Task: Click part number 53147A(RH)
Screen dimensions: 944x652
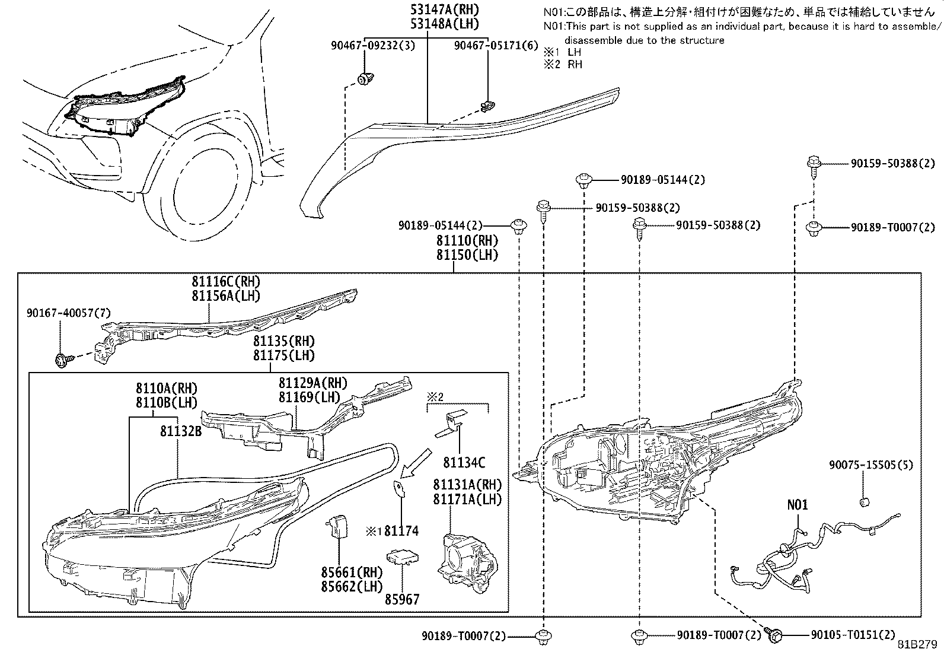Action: click(x=445, y=9)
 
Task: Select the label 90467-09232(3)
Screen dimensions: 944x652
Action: click(x=372, y=45)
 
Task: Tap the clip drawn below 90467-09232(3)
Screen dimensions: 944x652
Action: click(x=365, y=78)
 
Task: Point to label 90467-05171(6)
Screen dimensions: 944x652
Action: click(x=496, y=45)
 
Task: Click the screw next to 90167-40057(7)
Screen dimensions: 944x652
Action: click(x=63, y=360)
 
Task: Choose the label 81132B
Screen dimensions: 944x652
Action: click(x=181, y=431)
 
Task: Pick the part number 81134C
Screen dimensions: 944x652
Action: click(x=464, y=463)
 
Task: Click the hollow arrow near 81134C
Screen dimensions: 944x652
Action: click(x=416, y=463)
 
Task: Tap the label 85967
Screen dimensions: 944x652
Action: click(x=402, y=599)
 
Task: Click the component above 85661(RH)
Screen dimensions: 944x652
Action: click(x=337, y=527)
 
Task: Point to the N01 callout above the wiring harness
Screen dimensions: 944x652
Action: click(x=798, y=505)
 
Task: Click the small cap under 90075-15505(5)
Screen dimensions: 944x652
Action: click(x=865, y=502)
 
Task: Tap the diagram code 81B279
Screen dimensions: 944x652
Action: click(x=917, y=644)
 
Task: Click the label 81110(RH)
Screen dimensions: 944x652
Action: click(x=467, y=240)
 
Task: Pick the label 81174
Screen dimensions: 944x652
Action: click(x=401, y=530)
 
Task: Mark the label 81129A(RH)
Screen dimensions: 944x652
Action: click(x=313, y=383)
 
